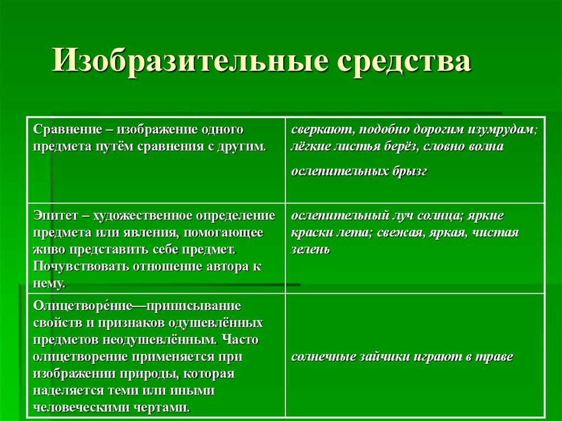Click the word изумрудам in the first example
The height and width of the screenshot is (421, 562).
click(x=502, y=130)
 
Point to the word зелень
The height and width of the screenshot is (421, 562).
click(x=311, y=250)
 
